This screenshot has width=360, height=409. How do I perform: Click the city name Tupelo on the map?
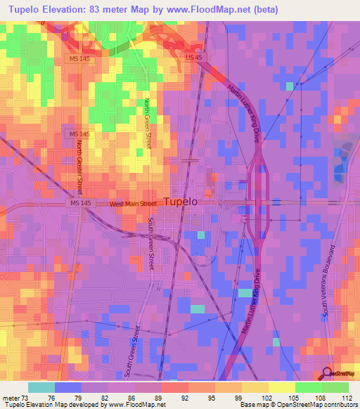coord(181,202)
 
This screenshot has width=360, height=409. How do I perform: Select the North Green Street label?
coord(148,122)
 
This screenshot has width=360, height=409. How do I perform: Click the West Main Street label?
coord(133,204)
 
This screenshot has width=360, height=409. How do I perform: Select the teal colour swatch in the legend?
coord(41,387)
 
